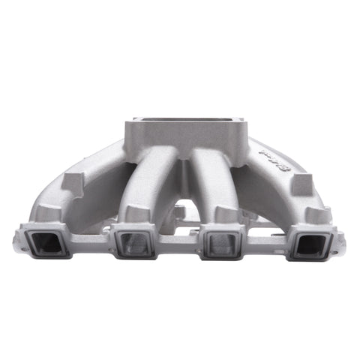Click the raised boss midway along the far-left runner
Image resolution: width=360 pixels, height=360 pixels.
73,181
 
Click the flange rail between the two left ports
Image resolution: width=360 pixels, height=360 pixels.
91,241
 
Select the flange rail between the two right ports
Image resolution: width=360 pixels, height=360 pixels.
268,241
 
